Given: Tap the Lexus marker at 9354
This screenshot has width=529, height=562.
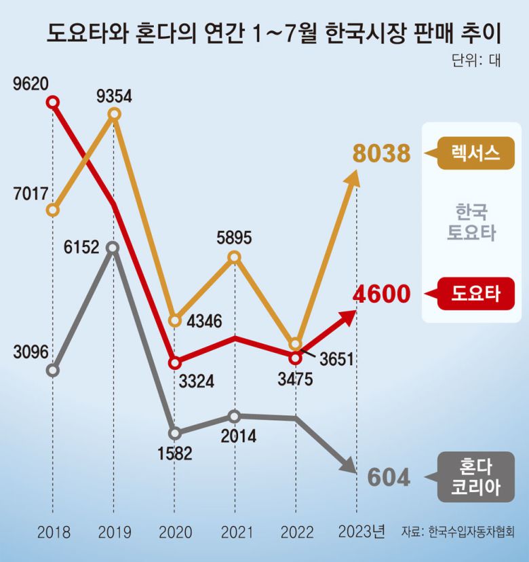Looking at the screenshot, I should pos(114,114).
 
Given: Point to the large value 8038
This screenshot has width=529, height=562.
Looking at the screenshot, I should pos(381,154).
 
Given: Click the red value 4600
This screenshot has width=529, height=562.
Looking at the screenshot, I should pos(381,295).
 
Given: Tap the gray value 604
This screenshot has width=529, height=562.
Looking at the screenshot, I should pos(389,478).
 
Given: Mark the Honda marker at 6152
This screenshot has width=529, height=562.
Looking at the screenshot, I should pos(114,248).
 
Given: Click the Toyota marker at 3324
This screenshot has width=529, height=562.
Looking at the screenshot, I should pos(175,362).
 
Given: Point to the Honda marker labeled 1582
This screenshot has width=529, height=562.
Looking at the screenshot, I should pos(175,432).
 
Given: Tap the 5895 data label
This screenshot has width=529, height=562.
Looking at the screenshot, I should pos(234,238).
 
